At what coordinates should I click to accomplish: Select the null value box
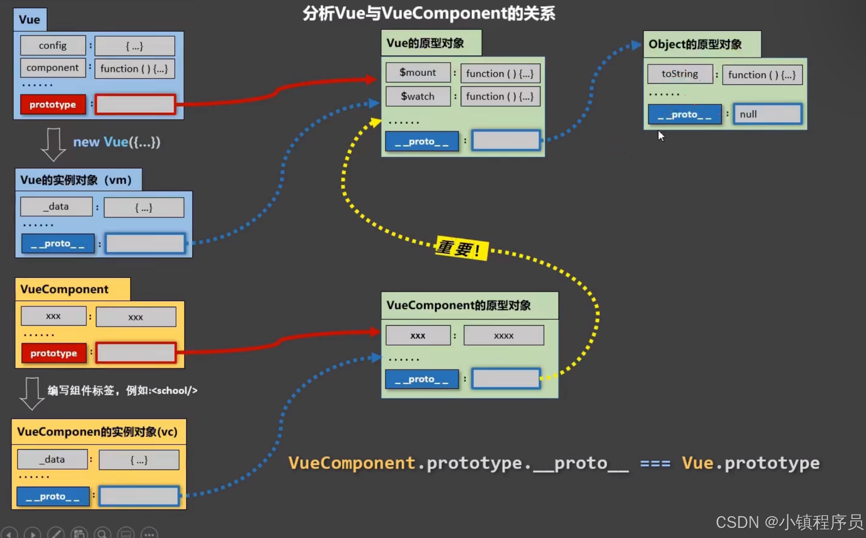pyautogui.click(x=767, y=114)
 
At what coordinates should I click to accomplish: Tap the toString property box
pyautogui.click(x=680, y=74)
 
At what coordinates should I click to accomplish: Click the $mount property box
pyautogui.click(x=418, y=73)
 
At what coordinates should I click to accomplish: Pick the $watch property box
pyautogui.click(x=418, y=96)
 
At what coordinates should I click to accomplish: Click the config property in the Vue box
pyautogui.click(x=53, y=46)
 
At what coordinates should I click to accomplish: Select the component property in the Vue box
pyautogui.click(x=53, y=68)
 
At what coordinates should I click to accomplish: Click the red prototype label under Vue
pyautogui.click(x=53, y=104)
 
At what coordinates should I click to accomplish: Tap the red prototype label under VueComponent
pyautogui.click(x=54, y=353)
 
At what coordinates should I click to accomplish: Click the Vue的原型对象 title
pyautogui.click(x=425, y=43)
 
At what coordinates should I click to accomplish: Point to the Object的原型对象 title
pyautogui.click(x=695, y=45)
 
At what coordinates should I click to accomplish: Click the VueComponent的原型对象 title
pyautogui.click(x=458, y=305)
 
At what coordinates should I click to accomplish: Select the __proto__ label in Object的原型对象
pyautogui.click(x=684, y=114)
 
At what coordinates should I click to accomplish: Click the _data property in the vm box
pyautogui.click(x=56, y=207)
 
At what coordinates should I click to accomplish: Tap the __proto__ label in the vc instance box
pyautogui.click(x=53, y=497)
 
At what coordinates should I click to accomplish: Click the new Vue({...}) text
pyautogui.click(x=116, y=142)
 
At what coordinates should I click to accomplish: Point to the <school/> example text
pyautogui.click(x=174, y=391)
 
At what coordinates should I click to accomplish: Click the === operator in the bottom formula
pyautogui.click(x=655, y=463)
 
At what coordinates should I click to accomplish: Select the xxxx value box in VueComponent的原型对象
pyautogui.click(x=504, y=336)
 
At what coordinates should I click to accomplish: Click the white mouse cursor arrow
pyautogui.click(x=661, y=136)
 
